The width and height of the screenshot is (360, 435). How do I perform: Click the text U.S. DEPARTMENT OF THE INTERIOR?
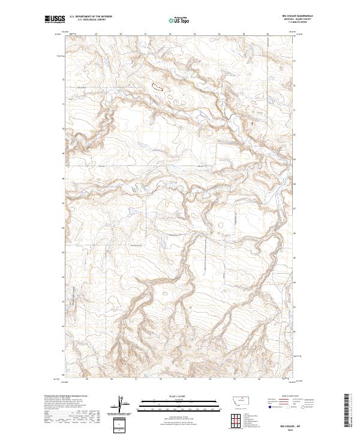(91, 17)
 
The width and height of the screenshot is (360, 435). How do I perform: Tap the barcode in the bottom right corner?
(347, 411)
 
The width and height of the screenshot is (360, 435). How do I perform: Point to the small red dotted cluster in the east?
(251, 122)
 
